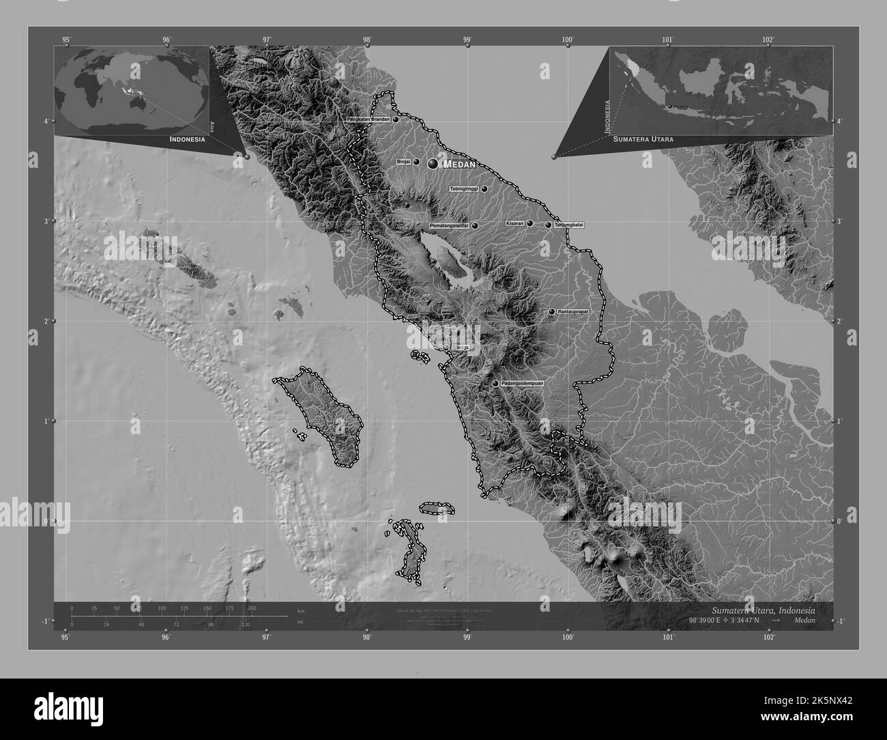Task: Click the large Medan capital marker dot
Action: [433, 164]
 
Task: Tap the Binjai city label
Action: [403, 162]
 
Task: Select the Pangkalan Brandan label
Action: [368, 119]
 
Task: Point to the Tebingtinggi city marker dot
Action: [484, 189]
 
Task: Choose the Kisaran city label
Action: [514, 223]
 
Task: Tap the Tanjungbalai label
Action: [569, 225]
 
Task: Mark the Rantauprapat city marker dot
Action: [552, 312]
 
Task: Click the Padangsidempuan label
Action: [522, 384]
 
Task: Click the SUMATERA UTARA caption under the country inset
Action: [643, 139]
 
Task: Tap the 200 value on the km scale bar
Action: [252, 608]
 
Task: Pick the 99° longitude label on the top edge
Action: [467, 39]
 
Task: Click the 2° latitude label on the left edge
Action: [46, 321]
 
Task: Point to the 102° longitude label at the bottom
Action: [769, 638]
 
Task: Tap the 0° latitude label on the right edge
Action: [840, 521]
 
